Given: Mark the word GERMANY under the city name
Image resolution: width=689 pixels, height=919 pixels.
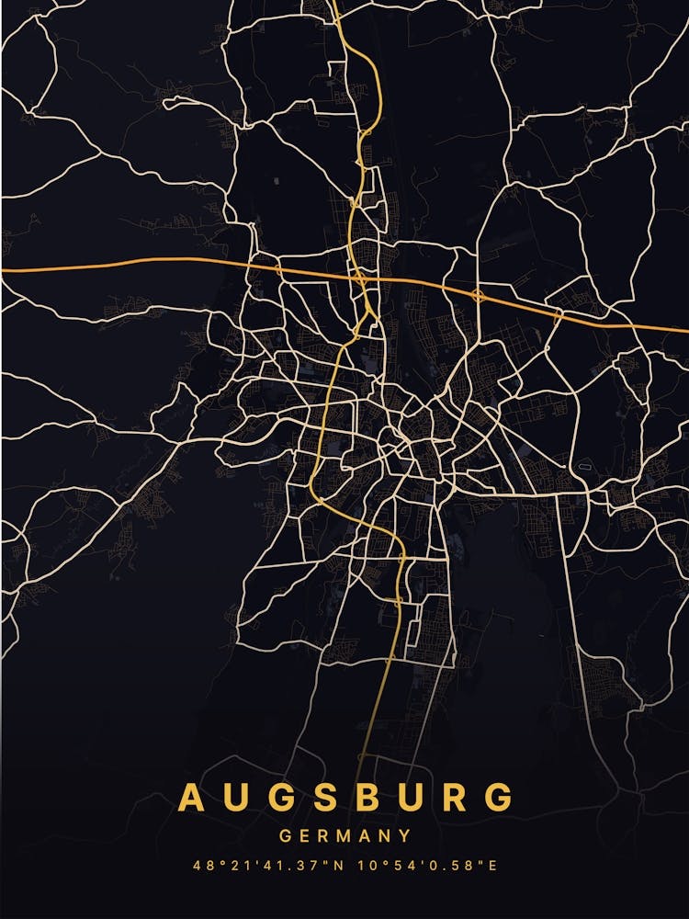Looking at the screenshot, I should click(x=344, y=836).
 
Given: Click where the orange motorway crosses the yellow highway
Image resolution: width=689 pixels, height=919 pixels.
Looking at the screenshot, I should click(x=359, y=275).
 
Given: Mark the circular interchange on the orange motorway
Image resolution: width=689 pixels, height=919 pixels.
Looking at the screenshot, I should click(x=478, y=296).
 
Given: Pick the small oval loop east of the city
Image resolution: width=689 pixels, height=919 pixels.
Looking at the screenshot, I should click(x=582, y=469).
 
